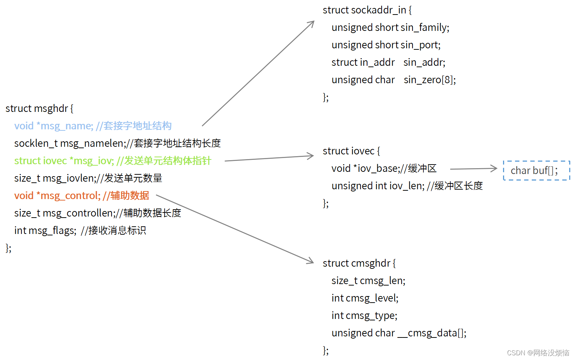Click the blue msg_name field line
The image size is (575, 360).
click(93, 126)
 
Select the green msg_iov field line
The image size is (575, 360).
click(112, 161)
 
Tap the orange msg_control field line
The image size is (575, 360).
click(81, 196)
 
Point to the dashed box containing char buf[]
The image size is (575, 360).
click(536, 170)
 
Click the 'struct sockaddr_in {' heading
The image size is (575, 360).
click(367, 10)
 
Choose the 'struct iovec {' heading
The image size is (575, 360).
click(351, 151)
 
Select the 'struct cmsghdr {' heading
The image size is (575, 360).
click(359, 263)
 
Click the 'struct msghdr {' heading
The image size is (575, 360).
click(39, 109)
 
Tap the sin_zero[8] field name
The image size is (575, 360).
click(430, 80)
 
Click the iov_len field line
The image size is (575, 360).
click(407, 186)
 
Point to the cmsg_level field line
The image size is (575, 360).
click(365, 298)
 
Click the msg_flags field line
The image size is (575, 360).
click(80, 231)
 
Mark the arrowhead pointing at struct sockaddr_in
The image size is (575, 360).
click(311, 23)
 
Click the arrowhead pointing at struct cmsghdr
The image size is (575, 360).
click(311, 261)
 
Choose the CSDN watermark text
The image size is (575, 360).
click(538, 353)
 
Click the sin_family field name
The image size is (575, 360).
click(425, 28)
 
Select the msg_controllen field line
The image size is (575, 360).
click(97, 213)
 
